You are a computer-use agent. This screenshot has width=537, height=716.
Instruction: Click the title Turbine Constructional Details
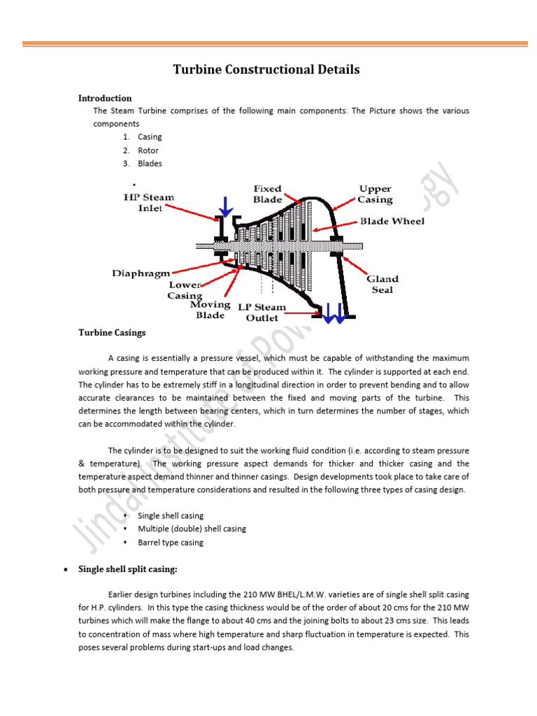(266, 70)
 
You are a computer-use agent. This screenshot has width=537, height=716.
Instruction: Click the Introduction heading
(105, 99)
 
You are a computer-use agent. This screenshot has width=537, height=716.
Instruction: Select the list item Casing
(150, 137)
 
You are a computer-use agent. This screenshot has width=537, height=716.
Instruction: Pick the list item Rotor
(148, 150)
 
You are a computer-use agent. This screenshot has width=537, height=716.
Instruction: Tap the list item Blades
(150, 164)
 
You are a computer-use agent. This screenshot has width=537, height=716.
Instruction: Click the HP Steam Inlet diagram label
(149, 203)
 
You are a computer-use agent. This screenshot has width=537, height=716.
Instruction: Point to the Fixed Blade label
(267, 194)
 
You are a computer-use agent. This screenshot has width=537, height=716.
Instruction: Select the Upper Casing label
(375, 194)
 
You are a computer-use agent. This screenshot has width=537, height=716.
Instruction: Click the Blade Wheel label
(392, 221)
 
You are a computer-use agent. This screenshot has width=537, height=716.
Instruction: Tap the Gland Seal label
(382, 284)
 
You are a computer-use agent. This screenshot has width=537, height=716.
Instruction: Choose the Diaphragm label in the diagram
(141, 273)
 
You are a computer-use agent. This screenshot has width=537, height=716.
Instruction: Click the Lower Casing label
(185, 290)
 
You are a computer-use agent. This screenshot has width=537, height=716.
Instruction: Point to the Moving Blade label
(210, 310)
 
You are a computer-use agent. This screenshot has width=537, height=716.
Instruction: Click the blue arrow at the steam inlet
(225, 206)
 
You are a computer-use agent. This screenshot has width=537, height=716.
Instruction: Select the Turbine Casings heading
(112, 333)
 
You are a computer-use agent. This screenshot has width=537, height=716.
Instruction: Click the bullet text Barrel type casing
(171, 543)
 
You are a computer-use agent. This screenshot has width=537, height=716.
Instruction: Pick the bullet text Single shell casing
(171, 516)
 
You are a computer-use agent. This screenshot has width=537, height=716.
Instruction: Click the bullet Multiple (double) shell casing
(192, 529)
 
